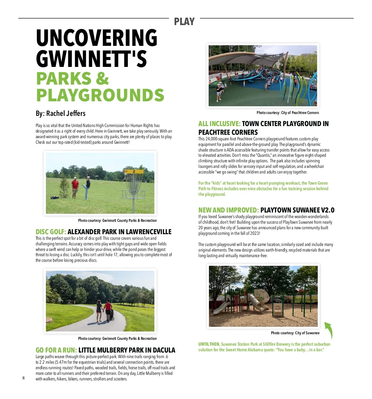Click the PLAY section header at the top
[x=184, y=22]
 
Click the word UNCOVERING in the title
[x=97, y=38]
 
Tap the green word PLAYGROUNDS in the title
[x=100, y=95]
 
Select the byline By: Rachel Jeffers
[x=60, y=113]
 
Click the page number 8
[x=23, y=378]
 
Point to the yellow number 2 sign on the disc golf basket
[x=134, y=171]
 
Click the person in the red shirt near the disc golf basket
[x=75, y=187]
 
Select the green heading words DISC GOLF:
[x=51, y=232]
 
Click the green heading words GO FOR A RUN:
[x=56, y=350]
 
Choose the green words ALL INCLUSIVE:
[x=219, y=124]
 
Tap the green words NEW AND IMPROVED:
[x=228, y=210]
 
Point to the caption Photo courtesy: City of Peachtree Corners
[x=287, y=113]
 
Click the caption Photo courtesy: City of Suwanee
[x=295, y=333]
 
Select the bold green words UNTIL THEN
[x=209, y=344]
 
